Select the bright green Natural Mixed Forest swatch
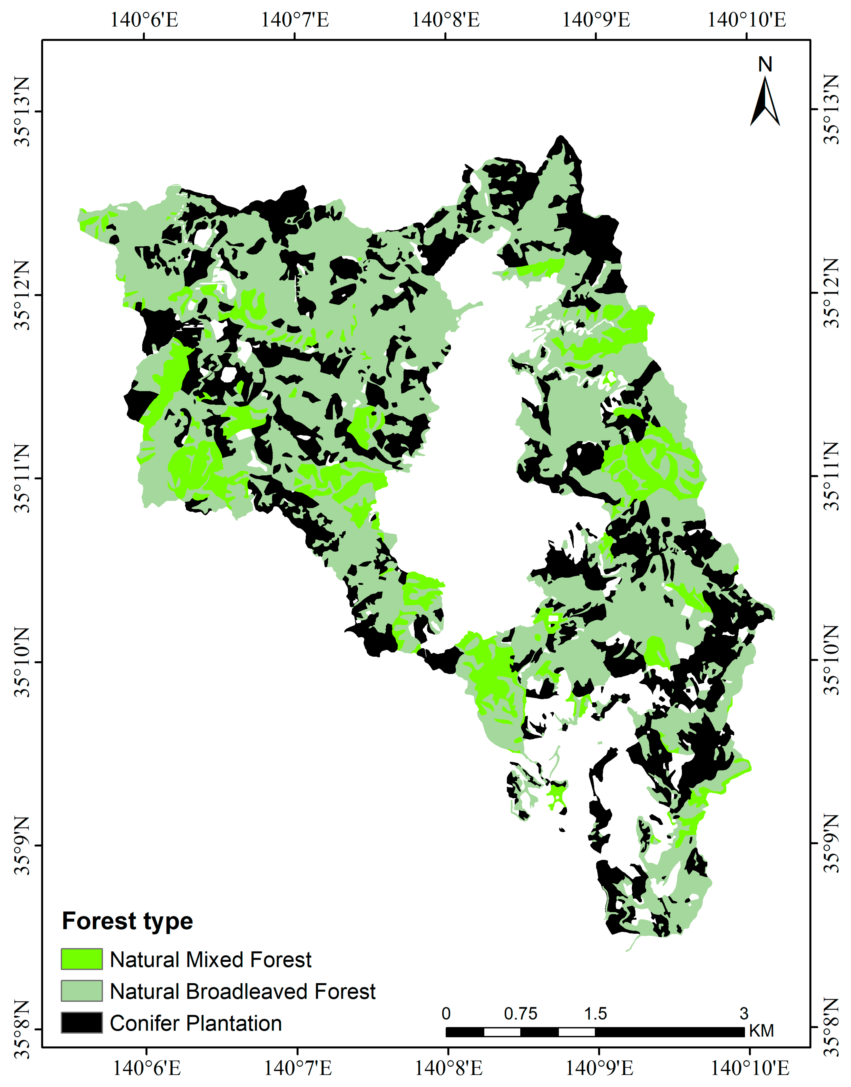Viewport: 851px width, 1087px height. click(82, 959)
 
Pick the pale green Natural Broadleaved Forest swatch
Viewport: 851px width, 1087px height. click(82, 991)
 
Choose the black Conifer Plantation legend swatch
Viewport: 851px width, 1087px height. click(82, 1023)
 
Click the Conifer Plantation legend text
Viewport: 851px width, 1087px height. click(196, 1023)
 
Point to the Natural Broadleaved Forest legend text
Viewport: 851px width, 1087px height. click(243, 991)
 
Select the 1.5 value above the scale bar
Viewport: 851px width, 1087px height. click(595, 1014)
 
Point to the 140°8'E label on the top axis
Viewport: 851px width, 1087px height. click(445, 20)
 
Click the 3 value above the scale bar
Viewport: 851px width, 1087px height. click(744, 1014)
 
